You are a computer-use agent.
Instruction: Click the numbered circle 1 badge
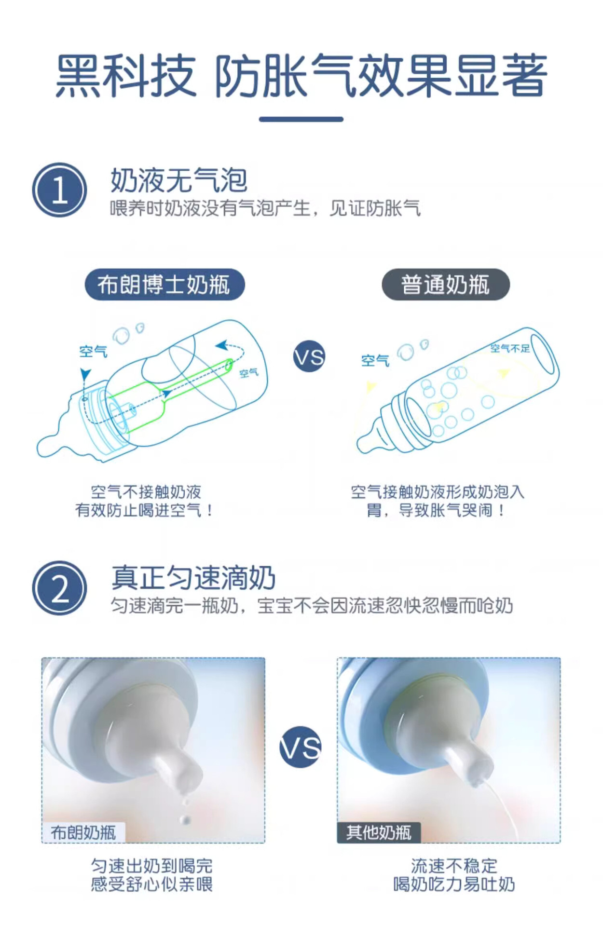(x=59, y=190)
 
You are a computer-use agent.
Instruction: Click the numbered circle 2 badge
(x=59, y=588)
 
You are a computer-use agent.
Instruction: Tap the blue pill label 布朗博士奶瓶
(x=164, y=284)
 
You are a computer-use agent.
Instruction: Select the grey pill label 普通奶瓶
(x=445, y=284)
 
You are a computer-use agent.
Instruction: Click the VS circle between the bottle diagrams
(x=309, y=357)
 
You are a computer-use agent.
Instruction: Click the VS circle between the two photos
(x=300, y=747)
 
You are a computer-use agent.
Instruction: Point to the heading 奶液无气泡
(x=179, y=180)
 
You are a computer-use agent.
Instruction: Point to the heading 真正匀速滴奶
(x=193, y=577)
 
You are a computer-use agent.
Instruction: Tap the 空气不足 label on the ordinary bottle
(x=510, y=348)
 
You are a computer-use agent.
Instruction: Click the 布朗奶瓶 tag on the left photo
(x=83, y=832)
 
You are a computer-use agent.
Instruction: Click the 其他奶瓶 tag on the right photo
(x=379, y=832)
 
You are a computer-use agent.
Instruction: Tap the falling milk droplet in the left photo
(x=184, y=819)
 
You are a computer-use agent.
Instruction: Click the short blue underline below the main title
(x=301, y=119)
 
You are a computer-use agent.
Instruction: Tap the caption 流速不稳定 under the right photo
(x=454, y=866)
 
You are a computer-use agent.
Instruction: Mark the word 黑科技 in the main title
(x=126, y=76)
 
